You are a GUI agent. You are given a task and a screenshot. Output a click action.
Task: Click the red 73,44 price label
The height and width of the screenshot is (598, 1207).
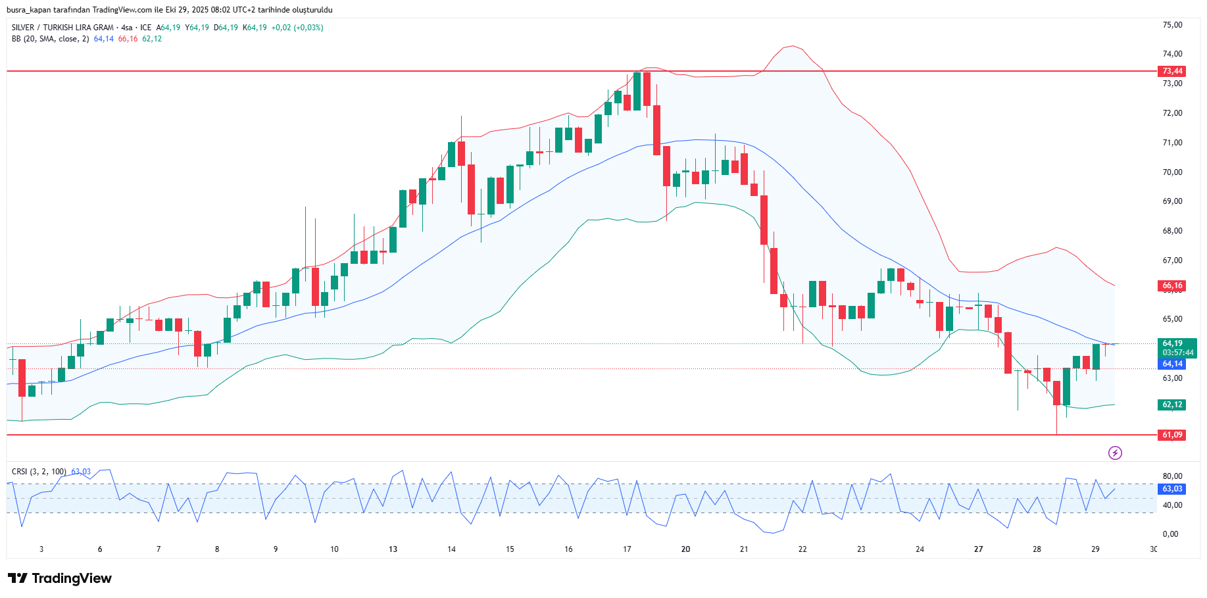pos(1171,71)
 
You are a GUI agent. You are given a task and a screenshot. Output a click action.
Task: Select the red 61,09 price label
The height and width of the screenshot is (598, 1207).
pos(1171,435)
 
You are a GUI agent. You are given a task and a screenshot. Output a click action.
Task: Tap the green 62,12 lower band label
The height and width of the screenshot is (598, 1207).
pos(1171,405)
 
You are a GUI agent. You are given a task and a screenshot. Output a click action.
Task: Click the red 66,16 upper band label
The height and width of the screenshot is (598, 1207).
pos(1171,286)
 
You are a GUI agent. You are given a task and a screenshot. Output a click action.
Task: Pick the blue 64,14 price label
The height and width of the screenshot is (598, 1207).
pos(1172,364)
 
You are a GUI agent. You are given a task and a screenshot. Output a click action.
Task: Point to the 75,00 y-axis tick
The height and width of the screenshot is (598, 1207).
pos(1172,25)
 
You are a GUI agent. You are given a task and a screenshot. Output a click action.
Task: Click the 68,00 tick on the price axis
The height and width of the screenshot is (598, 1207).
pos(1172,231)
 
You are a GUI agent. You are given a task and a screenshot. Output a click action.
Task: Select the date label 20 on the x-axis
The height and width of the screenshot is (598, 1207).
pos(685,549)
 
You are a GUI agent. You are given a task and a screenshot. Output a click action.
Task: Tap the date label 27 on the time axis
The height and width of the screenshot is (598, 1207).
pos(978,549)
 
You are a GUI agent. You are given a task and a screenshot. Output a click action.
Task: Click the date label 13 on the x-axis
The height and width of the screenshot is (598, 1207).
pos(393,549)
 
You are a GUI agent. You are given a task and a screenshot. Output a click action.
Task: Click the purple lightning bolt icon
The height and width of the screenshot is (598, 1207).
pos(1115,453)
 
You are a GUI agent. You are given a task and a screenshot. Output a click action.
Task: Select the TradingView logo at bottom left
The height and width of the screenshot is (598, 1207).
pos(60,578)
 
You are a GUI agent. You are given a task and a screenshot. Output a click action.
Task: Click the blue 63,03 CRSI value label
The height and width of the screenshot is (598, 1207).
pos(1172,489)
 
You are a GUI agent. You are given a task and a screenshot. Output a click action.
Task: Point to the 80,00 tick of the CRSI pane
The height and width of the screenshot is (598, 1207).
pos(1172,476)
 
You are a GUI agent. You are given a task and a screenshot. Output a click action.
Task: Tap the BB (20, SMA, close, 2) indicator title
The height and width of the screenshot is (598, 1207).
pos(50,39)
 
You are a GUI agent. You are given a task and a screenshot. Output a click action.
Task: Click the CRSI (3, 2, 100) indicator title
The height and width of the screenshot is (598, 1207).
pos(39,472)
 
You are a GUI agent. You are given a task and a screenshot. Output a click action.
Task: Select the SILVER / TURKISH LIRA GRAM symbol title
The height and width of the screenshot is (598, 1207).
pos(62,28)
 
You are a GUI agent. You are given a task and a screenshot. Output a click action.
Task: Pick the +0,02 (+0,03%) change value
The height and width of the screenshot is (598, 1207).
pos(297,28)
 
